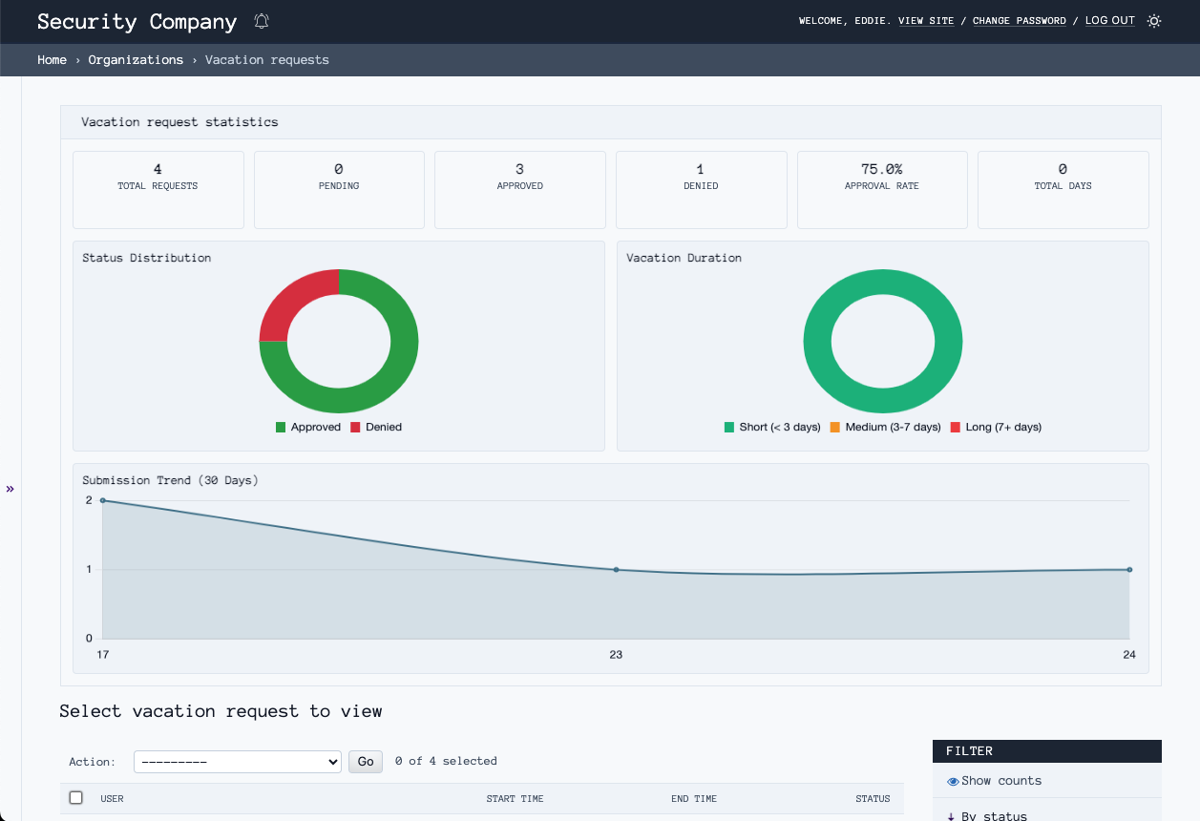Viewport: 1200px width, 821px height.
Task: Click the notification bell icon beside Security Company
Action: pyautogui.click(x=262, y=21)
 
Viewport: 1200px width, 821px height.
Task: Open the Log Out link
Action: pyautogui.click(x=1109, y=21)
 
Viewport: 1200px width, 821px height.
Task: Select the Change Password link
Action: pyautogui.click(x=1019, y=21)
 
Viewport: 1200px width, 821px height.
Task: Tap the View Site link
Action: pyautogui.click(x=925, y=21)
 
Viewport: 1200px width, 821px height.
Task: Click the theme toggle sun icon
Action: pyautogui.click(x=1154, y=21)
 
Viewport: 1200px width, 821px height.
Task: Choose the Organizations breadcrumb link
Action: pyautogui.click(x=136, y=60)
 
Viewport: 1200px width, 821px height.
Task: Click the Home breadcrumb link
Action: pyautogui.click(x=52, y=60)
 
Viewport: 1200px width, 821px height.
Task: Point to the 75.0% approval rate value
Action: pyautogui.click(x=881, y=169)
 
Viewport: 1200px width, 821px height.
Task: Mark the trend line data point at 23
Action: pyautogui.click(x=616, y=570)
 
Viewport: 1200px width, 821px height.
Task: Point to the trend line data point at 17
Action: pyautogui.click(x=103, y=500)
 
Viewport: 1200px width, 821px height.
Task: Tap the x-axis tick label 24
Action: pyautogui.click(x=1129, y=655)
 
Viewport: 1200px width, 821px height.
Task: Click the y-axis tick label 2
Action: pyautogui.click(x=89, y=500)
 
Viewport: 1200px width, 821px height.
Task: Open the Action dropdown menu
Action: pyautogui.click(x=238, y=761)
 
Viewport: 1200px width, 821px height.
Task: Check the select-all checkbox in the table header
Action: pyautogui.click(x=76, y=798)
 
